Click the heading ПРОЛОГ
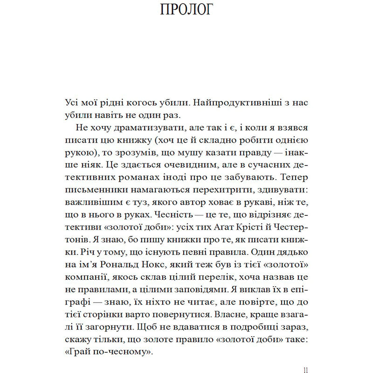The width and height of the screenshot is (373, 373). tap(186, 10)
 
